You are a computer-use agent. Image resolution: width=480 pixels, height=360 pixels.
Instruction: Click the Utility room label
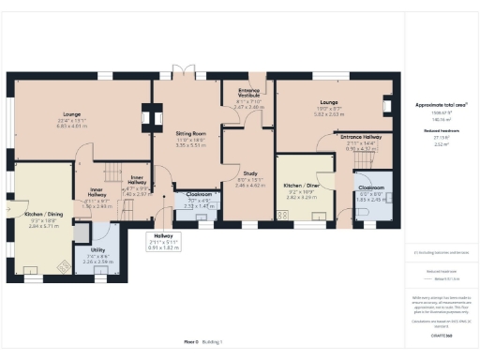pos(98,251)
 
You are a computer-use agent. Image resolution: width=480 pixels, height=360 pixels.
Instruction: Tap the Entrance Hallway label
pos(360,137)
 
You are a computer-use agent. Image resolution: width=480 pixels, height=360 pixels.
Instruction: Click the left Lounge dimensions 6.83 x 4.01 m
pos(71,125)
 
